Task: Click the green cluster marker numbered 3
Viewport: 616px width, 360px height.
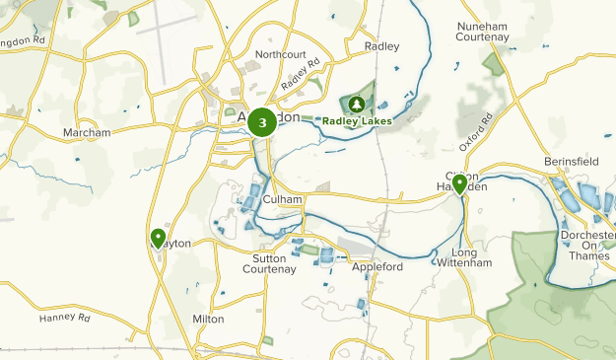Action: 261,121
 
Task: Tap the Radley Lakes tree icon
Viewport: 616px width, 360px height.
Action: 354,103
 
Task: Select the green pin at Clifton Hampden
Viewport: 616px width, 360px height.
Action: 459,184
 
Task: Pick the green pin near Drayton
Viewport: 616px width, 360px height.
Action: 158,238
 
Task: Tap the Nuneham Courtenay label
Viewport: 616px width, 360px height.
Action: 482,31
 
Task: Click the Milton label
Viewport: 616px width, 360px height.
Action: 208,319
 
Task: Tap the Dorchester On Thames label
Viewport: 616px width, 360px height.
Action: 593,247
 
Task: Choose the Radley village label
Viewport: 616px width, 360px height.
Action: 382,46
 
